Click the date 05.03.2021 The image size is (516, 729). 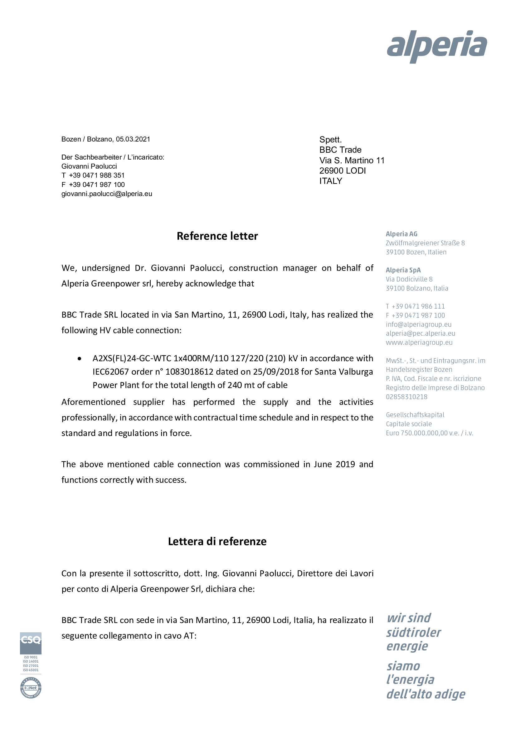133,139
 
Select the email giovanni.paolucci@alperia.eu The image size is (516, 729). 107,194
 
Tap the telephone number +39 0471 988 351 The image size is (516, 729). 97,175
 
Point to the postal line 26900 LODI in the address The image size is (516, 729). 343,170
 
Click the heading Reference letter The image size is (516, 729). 217,236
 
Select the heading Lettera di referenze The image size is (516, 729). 217,541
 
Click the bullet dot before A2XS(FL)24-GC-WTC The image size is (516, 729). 80,358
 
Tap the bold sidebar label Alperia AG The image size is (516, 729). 402,234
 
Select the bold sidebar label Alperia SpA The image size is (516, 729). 403,270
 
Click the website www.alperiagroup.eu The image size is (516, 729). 419,342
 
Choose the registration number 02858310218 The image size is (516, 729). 407,396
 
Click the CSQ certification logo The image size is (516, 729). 31,643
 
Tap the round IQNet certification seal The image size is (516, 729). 31,688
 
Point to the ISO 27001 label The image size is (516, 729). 31,666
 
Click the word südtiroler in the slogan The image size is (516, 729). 414,633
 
